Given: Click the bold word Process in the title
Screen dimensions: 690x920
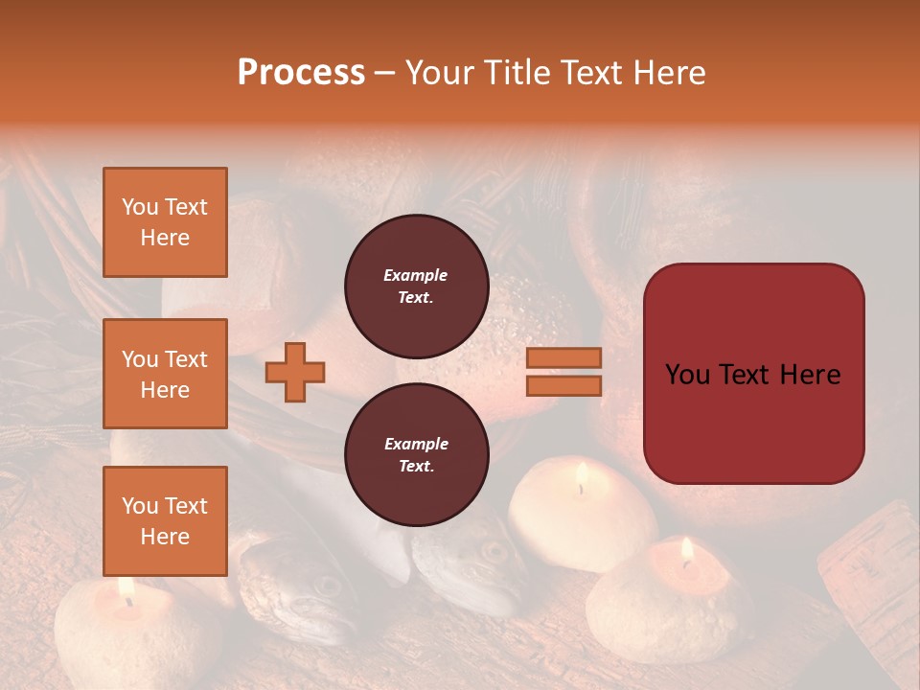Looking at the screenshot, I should [301, 73].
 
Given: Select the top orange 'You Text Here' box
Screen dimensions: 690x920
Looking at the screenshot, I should [165, 222].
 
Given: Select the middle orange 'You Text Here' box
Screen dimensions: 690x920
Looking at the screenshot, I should [165, 374].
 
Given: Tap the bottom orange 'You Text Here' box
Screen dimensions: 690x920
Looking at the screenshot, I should [165, 521].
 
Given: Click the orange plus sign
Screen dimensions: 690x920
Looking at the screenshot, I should [295, 372].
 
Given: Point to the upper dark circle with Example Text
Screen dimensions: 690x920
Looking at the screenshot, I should [417, 287].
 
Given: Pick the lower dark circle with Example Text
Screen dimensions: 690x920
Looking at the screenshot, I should [417, 454].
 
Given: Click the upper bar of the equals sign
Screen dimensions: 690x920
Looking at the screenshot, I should [563, 358].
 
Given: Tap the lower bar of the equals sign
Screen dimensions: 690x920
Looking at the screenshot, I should [563, 385].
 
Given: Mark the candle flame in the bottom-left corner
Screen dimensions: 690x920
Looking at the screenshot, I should [126, 587].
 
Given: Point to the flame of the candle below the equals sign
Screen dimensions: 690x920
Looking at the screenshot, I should [582, 475].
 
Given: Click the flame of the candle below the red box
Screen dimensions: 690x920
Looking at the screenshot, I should [686, 550].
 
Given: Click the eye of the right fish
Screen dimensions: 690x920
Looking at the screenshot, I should [493, 551].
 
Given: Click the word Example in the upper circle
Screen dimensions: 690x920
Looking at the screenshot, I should [416, 275].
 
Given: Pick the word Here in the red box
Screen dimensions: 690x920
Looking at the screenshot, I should [810, 375].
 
